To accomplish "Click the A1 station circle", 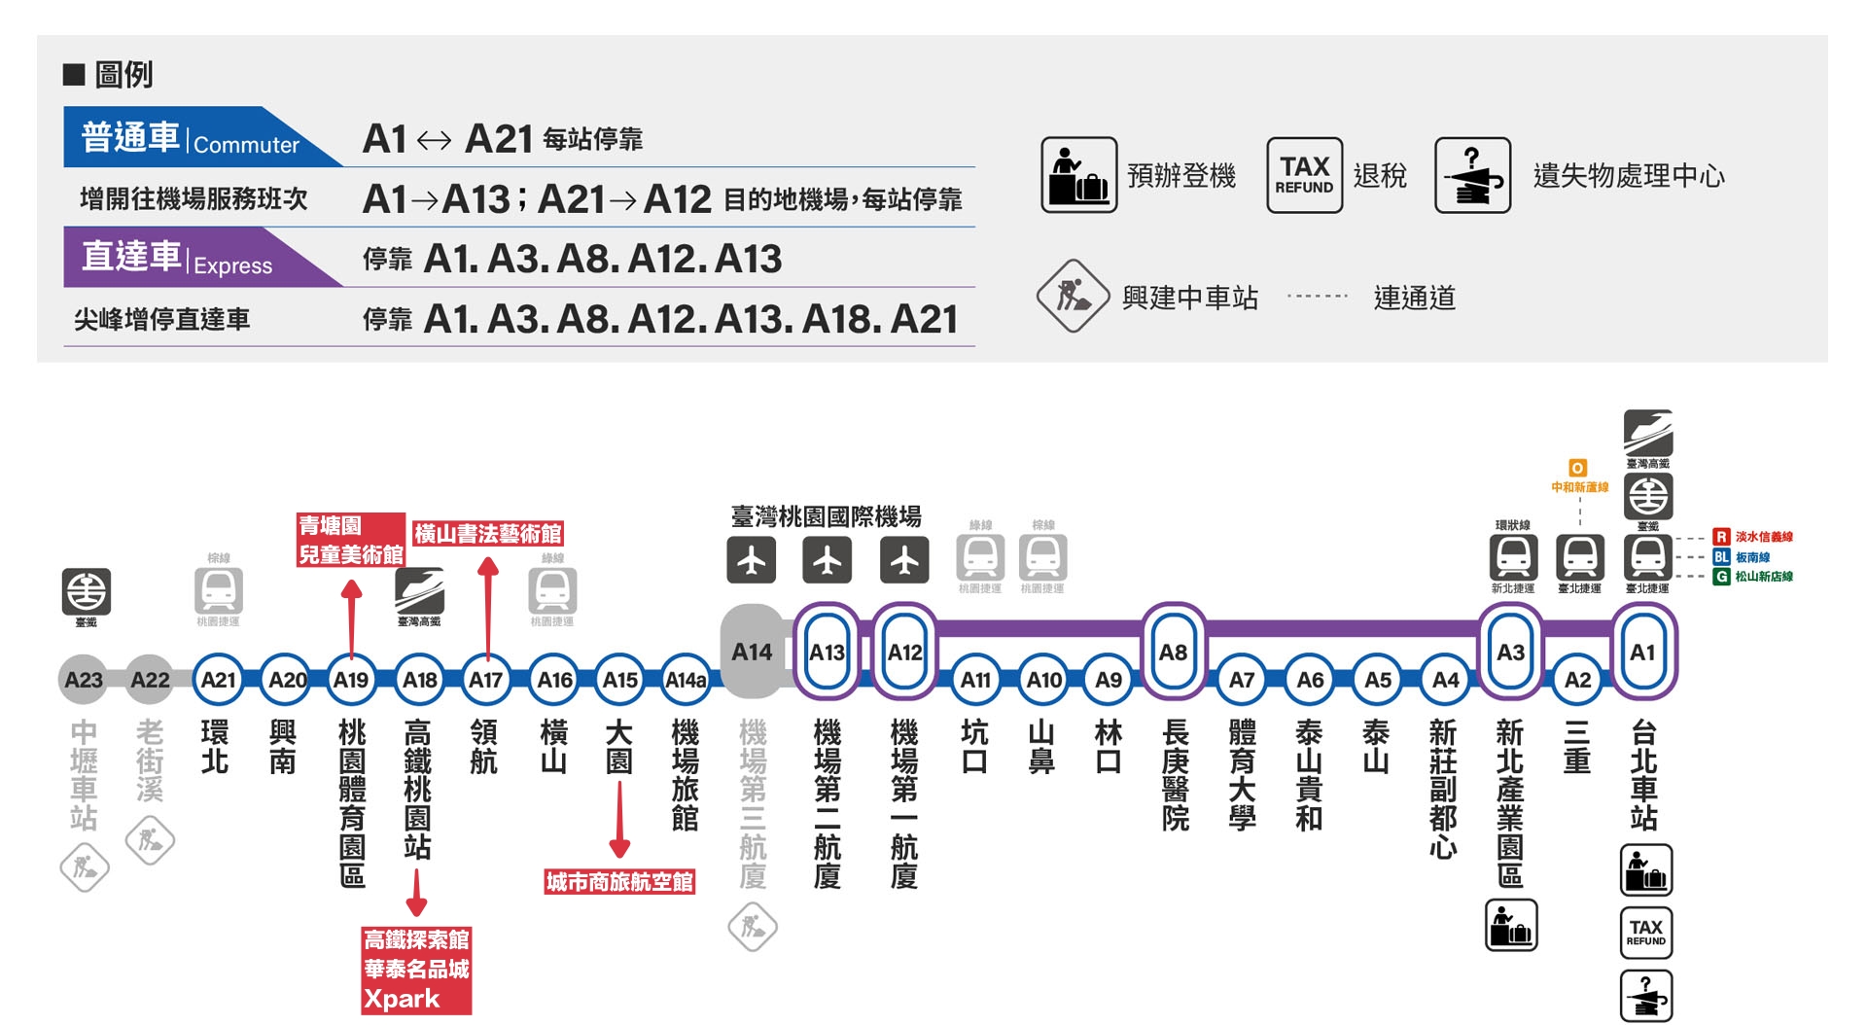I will coord(1643,652).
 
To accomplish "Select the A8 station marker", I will coord(1174,652).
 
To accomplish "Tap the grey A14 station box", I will coord(752,652).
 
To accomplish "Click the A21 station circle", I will coord(218,680).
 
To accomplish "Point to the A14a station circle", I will coord(686,680).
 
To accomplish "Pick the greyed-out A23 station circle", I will coord(84,680).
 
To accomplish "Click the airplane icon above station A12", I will coord(904,560).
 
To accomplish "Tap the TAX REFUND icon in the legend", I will coord(1304,175).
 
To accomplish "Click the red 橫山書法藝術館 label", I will coord(487,534).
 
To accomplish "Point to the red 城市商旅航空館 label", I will coord(619,882).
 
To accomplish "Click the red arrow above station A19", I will coord(352,617).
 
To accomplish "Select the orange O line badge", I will coord(1577,468).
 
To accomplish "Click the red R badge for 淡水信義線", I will coord(1721,537).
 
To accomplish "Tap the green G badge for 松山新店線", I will coord(1721,577).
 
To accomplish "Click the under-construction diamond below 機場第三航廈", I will coord(753,927).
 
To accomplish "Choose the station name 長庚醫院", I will coord(1175,775).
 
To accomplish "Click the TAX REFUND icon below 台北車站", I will coord(1645,932).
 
